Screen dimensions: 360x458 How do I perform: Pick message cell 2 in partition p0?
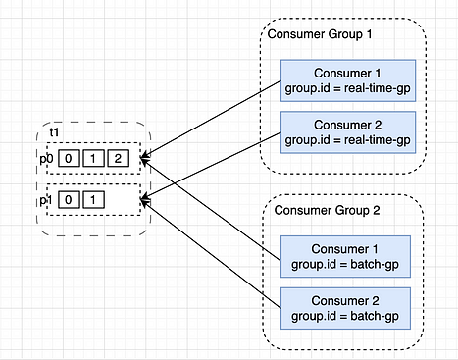pyautogui.click(x=118, y=157)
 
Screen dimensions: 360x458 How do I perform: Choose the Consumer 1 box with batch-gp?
pyautogui.click(x=349, y=254)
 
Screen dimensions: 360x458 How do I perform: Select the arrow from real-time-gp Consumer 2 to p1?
pyautogui.click(x=211, y=168)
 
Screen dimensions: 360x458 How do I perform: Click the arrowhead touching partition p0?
pyautogui.click(x=146, y=155)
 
